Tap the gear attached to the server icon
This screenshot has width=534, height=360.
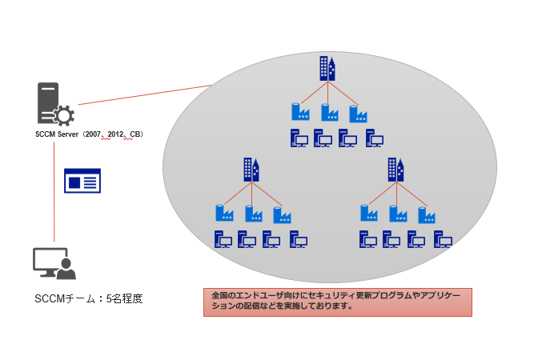(65, 115)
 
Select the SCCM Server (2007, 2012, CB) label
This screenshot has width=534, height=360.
(88, 134)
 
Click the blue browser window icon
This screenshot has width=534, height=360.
(82, 181)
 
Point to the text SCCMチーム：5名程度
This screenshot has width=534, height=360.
(82, 299)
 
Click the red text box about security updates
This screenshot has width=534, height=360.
(337, 302)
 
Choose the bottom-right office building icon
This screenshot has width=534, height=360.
(396, 169)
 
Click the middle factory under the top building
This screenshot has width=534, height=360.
(326, 112)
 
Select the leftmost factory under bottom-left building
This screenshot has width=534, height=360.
(224, 214)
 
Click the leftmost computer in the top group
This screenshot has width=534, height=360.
(299, 138)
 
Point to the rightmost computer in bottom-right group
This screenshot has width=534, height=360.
(442, 238)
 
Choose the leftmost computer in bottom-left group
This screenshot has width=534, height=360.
(223, 238)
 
